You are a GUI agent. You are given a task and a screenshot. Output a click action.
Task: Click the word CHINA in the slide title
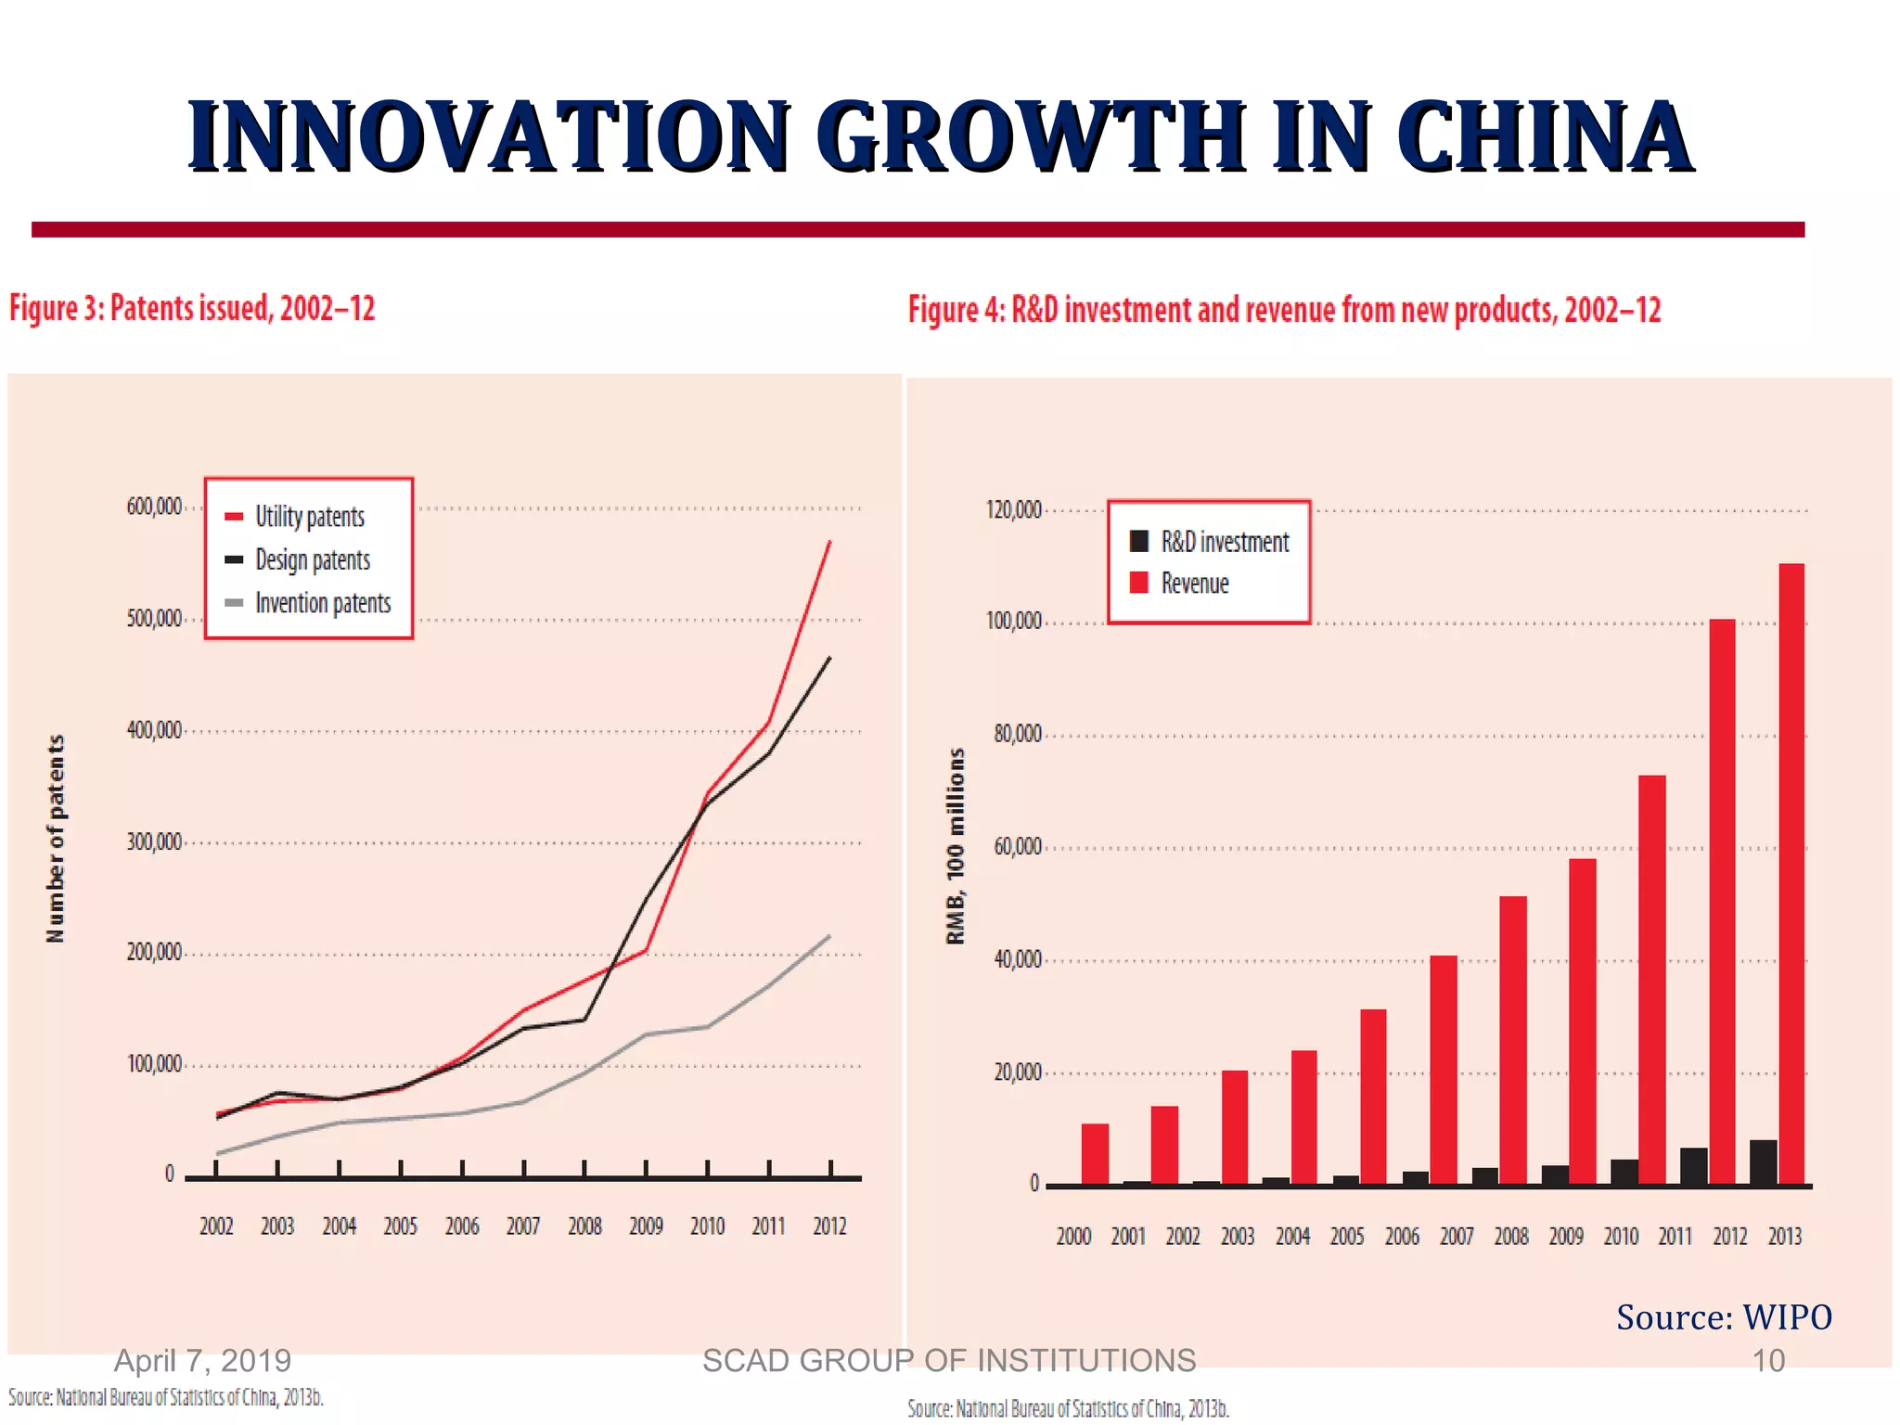[1545, 137]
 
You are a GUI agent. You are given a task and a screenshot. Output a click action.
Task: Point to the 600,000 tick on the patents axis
[154, 507]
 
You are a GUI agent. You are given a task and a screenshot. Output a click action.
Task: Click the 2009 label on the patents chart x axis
[646, 1226]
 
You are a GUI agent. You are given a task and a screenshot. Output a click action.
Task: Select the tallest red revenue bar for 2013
[1791, 872]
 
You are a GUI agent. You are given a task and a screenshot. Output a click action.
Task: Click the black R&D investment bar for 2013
[1763, 1162]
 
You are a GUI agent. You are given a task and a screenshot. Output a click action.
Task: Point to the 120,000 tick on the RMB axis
[1013, 510]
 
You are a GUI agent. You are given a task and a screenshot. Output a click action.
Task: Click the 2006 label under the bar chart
[1402, 1237]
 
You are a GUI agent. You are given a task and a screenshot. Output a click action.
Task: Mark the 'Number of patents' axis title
[56, 839]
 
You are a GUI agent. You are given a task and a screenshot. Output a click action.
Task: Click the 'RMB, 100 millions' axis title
[955, 846]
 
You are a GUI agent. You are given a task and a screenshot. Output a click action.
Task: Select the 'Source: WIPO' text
[1724, 1317]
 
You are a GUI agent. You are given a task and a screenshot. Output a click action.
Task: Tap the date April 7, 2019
[202, 1361]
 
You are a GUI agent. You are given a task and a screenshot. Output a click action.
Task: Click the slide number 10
[1767, 1361]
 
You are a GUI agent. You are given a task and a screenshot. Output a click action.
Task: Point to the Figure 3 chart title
[192, 308]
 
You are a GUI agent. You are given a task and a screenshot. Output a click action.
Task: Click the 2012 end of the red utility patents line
[829, 542]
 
